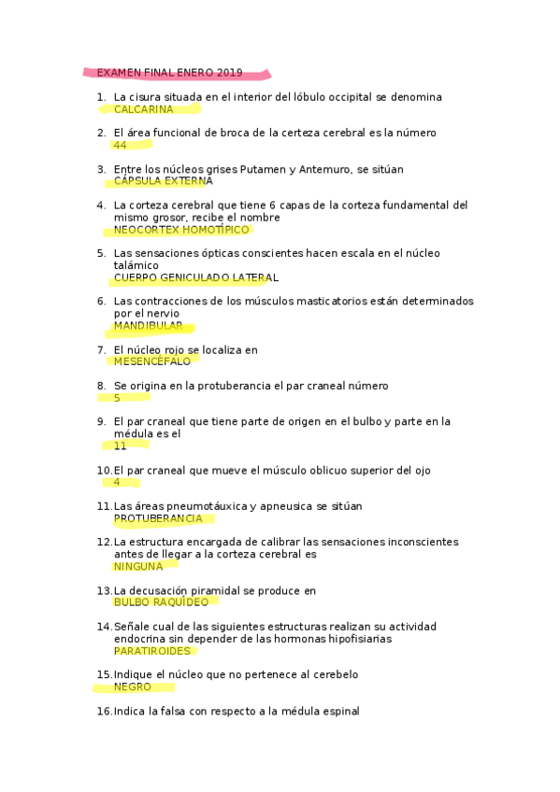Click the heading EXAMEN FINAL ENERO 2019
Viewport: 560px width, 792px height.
tap(169, 73)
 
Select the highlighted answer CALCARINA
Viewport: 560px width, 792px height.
tap(143, 109)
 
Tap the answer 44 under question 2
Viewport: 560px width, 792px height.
tap(120, 146)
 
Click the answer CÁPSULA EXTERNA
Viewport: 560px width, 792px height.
tap(163, 181)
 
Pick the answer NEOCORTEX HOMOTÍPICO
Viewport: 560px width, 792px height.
tap(182, 230)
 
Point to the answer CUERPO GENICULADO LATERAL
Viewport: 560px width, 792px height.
tap(195, 277)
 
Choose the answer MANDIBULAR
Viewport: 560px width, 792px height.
tap(148, 326)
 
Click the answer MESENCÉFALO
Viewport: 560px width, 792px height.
tap(151, 361)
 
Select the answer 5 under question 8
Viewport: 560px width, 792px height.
tap(117, 398)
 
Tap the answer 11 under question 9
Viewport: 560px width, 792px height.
tap(120, 446)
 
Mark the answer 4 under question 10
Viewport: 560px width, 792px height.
tap(117, 483)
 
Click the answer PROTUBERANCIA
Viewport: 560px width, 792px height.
tap(158, 518)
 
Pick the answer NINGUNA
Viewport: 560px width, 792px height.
tap(137, 566)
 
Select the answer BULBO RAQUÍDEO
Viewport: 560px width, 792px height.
tap(161, 602)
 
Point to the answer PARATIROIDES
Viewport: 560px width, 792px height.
tap(151, 651)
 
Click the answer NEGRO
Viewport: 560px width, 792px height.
tap(132, 686)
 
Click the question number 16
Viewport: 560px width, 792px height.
tap(104, 711)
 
